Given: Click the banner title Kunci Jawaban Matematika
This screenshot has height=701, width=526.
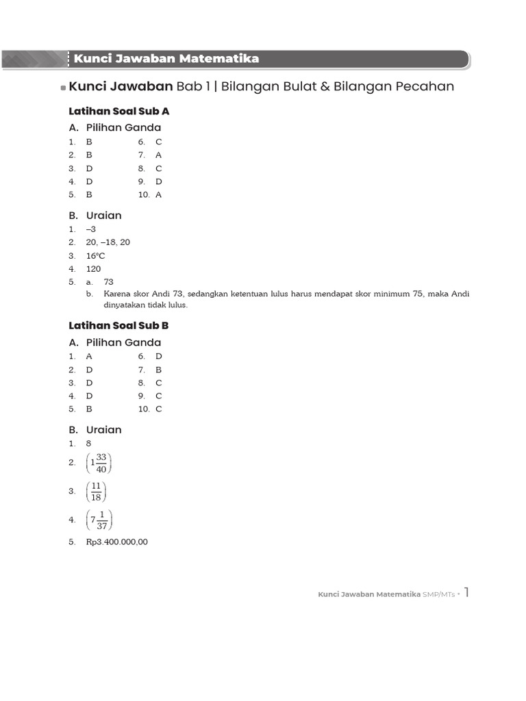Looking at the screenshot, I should click(166, 59).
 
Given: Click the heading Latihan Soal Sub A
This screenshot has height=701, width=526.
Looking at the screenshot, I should click(119, 111).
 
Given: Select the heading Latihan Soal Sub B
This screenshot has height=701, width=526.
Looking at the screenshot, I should click(119, 326).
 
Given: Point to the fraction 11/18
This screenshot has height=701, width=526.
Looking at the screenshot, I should click(96, 492).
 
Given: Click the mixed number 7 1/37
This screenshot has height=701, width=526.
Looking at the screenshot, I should click(100, 520).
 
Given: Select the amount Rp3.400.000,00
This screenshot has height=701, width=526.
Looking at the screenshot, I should click(117, 542).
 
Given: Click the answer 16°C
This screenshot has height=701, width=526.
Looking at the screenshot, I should click(96, 256).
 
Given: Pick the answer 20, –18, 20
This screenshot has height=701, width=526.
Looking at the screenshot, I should click(108, 242).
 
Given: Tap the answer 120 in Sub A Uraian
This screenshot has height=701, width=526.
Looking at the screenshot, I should click(93, 269).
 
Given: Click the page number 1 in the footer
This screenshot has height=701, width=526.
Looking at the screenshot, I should click(466, 592).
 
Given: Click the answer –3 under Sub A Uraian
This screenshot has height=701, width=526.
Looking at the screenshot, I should click(91, 229).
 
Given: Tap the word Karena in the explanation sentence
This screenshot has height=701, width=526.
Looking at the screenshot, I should click(117, 294).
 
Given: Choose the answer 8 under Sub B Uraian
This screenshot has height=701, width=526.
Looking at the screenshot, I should click(89, 444).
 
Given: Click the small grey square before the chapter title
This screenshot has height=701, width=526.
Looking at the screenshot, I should click(63, 88).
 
